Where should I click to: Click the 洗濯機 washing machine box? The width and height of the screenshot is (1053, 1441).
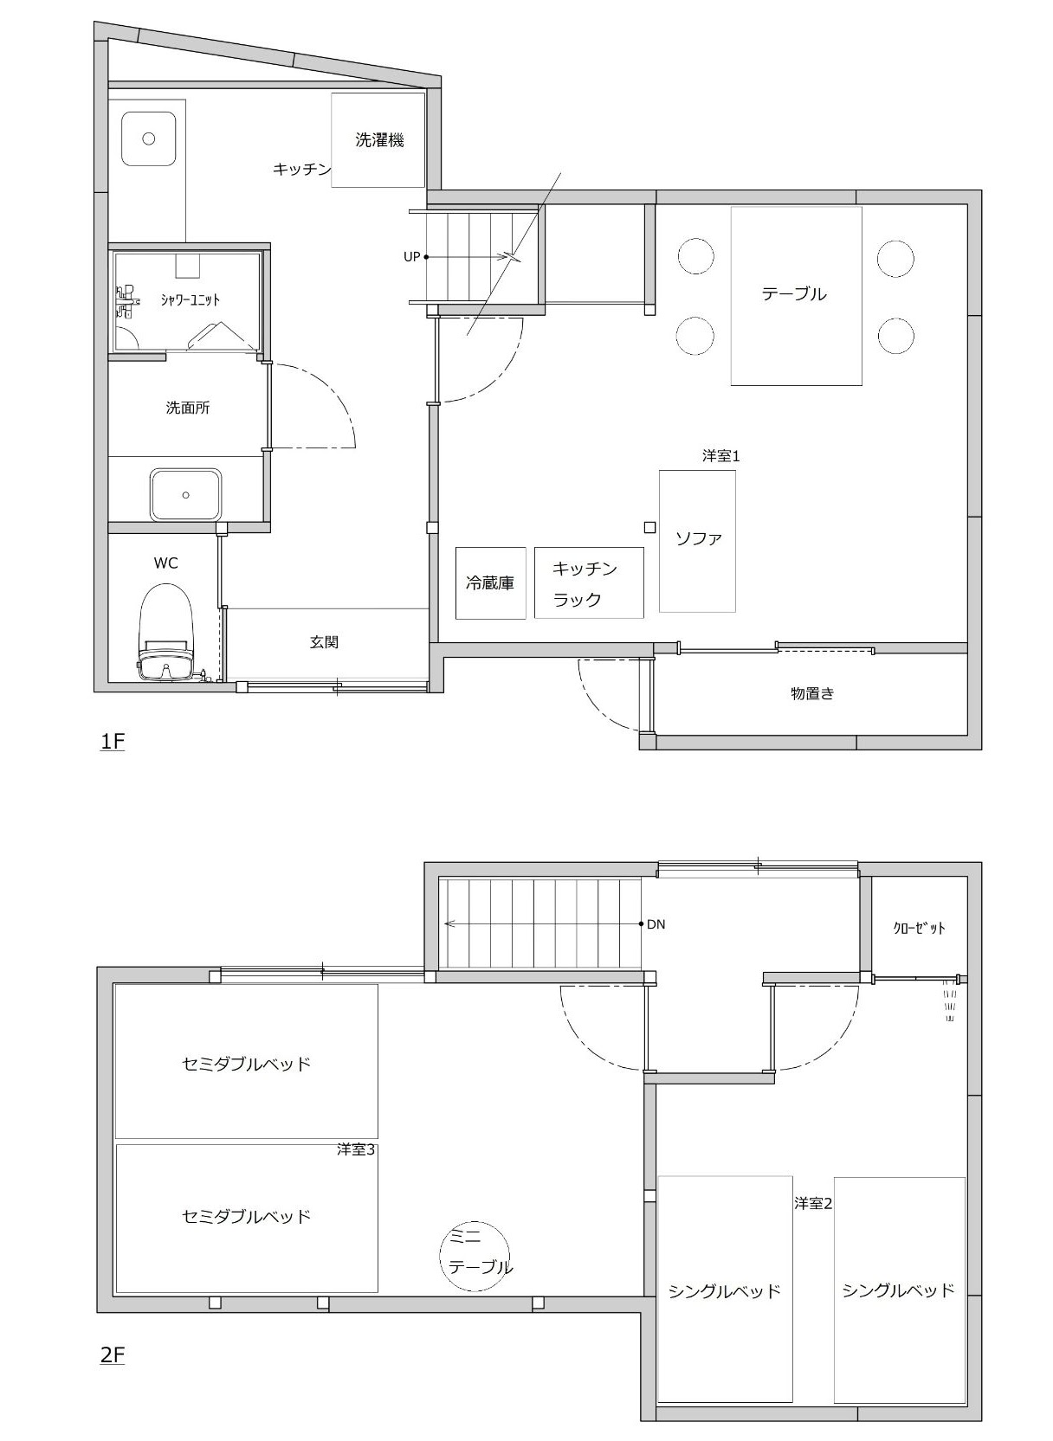[x=378, y=140]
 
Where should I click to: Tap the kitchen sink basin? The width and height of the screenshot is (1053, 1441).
[x=149, y=138]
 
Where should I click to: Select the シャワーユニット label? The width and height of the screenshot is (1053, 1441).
[x=191, y=299]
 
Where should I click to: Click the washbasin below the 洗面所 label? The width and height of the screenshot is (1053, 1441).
[x=186, y=494]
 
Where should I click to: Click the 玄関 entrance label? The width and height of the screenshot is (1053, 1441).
[x=325, y=641]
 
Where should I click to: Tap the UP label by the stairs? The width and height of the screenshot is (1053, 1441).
[x=411, y=257]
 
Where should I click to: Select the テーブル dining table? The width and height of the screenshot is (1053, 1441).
[x=796, y=296]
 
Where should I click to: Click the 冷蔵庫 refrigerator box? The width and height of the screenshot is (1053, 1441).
[x=490, y=582]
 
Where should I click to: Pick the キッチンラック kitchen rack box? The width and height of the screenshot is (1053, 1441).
[x=589, y=582]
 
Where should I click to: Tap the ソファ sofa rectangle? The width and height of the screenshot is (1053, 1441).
[x=697, y=541]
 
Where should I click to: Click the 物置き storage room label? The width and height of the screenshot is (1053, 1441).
[x=812, y=693]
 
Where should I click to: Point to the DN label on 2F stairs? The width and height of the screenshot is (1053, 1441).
[x=656, y=924]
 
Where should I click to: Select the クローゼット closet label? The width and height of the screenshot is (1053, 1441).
[x=919, y=928]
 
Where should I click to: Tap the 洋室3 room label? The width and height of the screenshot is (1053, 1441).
[x=355, y=1149]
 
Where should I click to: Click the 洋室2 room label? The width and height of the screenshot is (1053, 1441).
[x=813, y=1203]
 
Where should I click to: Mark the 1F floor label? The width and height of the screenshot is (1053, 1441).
[x=112, y=741]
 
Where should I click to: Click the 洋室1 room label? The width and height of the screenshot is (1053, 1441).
[x=720, y=456]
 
